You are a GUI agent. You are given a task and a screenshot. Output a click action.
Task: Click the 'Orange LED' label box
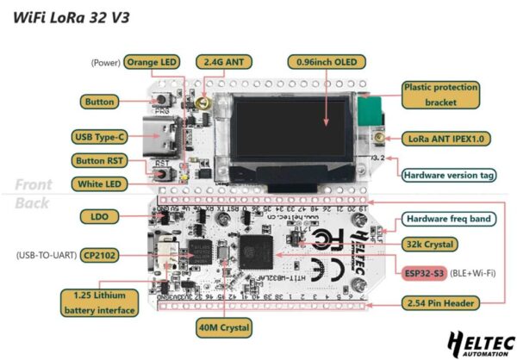tap(153, 62)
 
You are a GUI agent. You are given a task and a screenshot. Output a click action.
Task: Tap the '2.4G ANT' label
tap(225, 62)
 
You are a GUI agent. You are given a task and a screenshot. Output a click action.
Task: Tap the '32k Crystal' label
tap(432, 245)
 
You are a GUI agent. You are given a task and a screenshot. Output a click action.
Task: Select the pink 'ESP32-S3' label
tap(421, 273)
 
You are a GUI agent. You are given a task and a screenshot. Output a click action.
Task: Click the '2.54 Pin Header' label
tap(445, 303)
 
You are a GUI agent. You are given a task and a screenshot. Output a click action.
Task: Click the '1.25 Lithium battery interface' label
tap(97, 303)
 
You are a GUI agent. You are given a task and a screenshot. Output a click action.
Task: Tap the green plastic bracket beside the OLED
tap(370, 113)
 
